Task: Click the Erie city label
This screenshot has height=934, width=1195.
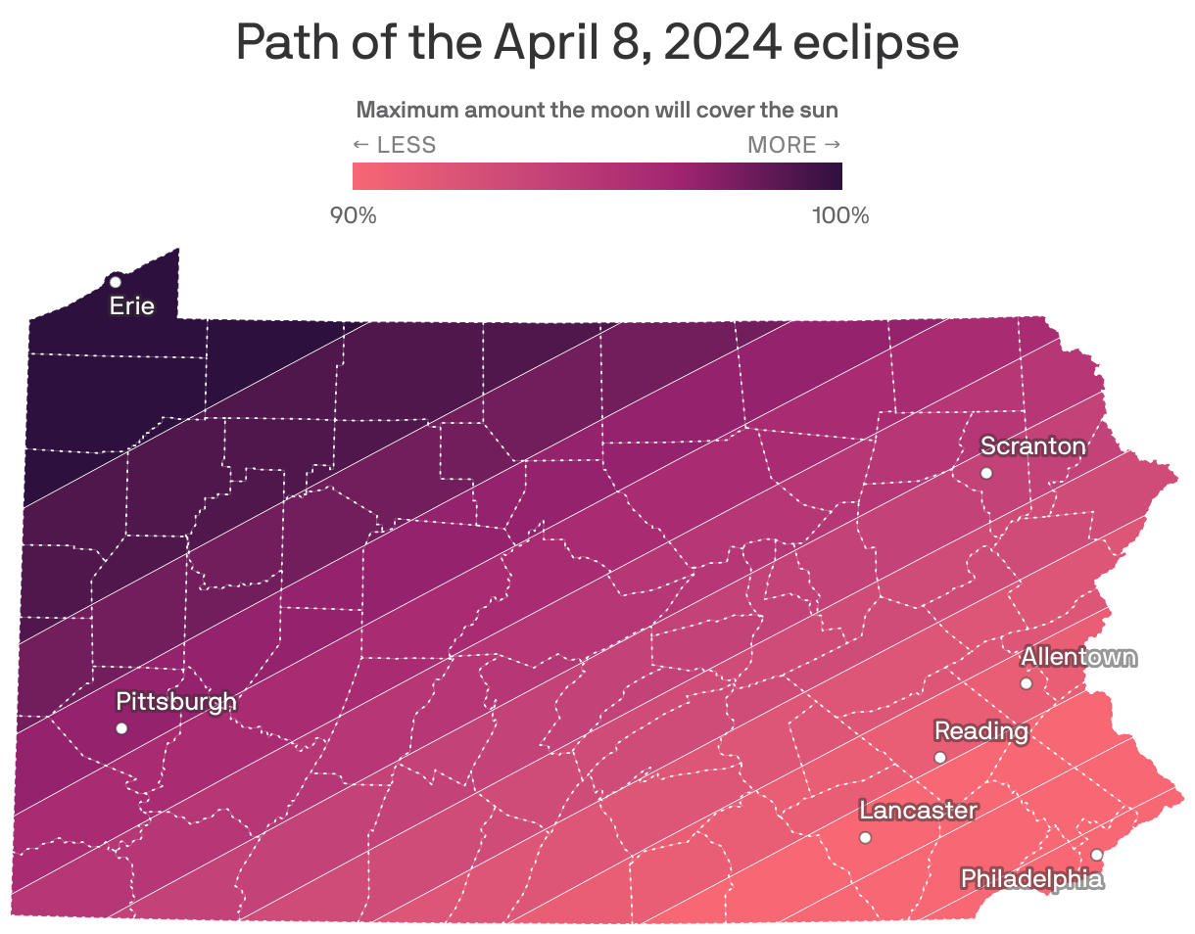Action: coord(131,305)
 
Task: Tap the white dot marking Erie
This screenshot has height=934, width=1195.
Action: coord(115,282)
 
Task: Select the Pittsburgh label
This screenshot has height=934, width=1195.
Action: coord(176,702)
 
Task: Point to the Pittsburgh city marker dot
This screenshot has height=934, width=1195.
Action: coord(121,727)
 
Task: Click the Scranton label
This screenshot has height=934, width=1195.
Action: coord(1032,446)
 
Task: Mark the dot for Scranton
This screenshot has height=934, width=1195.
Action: coord(986,473)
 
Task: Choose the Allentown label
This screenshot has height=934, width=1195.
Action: coord(1078,657)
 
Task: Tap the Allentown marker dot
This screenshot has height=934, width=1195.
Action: coord(1026,683)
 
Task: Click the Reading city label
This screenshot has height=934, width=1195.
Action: coord(980,731)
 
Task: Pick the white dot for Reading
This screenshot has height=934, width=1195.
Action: coord(939,758)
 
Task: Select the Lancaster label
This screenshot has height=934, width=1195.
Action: coord(918,811)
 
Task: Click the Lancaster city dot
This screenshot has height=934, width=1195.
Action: coord(865,837)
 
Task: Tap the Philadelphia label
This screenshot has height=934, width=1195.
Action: coord(1031,878)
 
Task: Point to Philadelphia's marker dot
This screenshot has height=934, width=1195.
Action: coord(1097,855)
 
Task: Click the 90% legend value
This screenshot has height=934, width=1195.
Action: coord(353,215)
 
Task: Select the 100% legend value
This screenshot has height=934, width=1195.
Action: coord(840,215)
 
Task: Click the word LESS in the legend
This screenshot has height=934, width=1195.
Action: coord(406,145)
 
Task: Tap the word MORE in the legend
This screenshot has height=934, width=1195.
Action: coord(782,145)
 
